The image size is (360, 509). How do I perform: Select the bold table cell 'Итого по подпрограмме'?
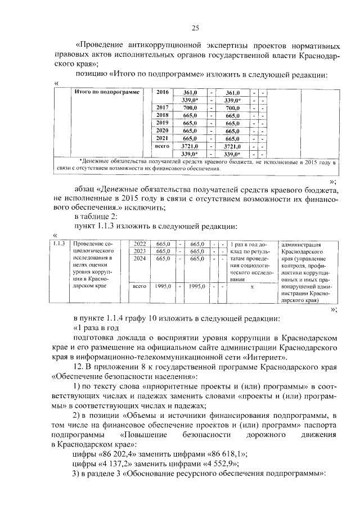[x=106, y=92]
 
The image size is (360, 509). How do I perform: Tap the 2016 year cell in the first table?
[x=162, y=92]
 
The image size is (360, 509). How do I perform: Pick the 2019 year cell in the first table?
[x=162, y=123]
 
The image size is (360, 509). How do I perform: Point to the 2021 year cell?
[x=162, y=138]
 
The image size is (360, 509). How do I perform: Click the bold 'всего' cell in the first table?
[x=162, y=146]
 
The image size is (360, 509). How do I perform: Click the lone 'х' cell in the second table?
[x=253, y=286]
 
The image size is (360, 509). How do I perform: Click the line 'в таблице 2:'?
[x=96, y=217]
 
